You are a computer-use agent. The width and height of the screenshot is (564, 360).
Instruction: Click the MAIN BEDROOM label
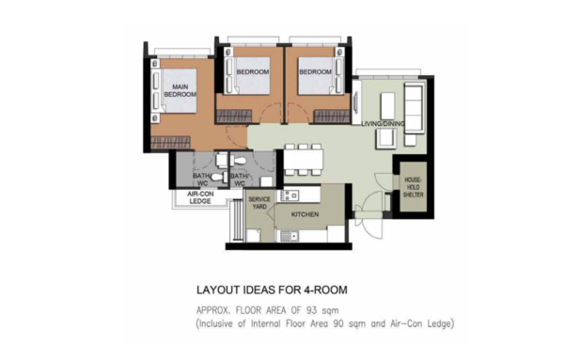(180, 90)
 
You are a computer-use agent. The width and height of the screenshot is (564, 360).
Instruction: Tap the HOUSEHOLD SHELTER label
(414, 187)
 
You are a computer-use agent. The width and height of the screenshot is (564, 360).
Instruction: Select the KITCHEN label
(305, 214)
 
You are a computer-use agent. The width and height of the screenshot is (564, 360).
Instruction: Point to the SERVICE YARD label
(259, 203)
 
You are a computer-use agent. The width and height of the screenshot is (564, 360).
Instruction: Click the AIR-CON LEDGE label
(200, 197)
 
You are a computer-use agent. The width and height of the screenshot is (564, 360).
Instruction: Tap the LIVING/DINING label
(383, 124)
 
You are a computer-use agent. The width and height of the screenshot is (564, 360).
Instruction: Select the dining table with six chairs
(304, 160)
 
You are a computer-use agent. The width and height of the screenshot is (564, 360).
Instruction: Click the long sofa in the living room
(414, 108)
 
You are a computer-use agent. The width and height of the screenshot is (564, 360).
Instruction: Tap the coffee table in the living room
(387, 105)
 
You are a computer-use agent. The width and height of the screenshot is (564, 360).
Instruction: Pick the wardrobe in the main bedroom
(170, 143)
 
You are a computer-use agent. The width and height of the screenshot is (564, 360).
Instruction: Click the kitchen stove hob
(290, 196)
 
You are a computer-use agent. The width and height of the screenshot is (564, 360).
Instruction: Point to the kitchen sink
(290, 236)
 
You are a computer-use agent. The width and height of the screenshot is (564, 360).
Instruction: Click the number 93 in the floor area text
(311, 310)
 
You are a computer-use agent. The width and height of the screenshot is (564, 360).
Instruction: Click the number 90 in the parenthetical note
(338, 323)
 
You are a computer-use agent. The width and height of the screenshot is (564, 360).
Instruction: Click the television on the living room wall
(355, 102)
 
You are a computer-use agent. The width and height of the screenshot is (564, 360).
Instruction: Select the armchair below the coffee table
(386, 138)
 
